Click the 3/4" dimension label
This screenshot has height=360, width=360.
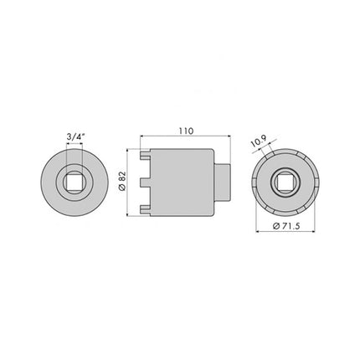74,131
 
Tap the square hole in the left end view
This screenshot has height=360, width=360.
74,182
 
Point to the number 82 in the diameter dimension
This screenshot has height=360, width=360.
122,177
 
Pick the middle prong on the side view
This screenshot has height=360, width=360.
144,182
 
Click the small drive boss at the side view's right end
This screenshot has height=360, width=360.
223,182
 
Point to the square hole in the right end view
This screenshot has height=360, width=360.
285,182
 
